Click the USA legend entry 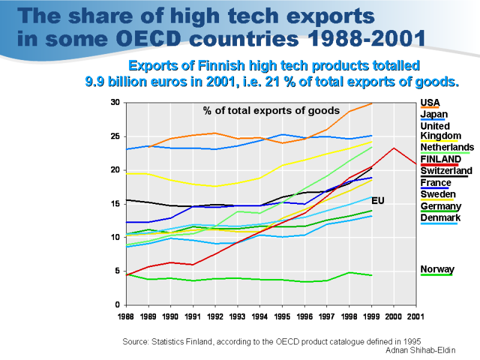429,103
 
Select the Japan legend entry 434,115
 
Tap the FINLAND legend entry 440,159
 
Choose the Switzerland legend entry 446,171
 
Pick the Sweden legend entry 438,194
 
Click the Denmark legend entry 440,217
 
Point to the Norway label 437,269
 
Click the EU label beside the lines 377,200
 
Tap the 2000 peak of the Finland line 394,148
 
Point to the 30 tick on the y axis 115,103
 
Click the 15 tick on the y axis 115,204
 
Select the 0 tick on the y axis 118,305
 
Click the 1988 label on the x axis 126,316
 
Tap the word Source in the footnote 136,341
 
